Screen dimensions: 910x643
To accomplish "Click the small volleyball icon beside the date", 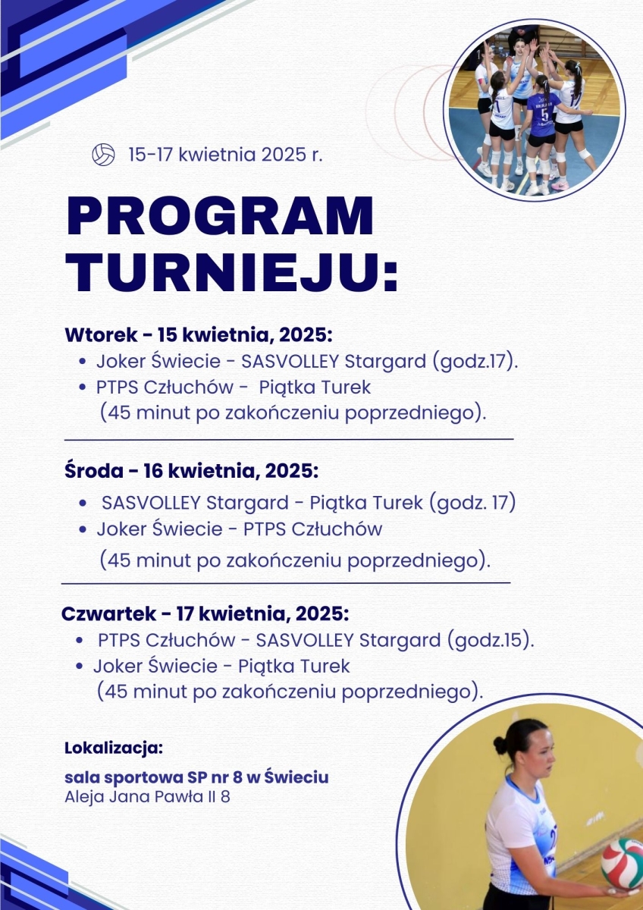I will coord(103,155).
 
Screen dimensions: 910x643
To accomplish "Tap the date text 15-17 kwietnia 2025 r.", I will coord(226,155).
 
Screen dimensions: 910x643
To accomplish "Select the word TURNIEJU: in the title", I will coord(232,271).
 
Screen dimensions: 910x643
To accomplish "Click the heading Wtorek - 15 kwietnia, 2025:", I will coord(199,334).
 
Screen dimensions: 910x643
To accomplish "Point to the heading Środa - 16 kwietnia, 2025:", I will coord(191,471).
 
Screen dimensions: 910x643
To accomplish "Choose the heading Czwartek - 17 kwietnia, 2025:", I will coord(205,613).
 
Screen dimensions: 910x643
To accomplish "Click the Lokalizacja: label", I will coord(114,748).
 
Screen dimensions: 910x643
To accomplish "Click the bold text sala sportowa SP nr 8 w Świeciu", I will coord(197,778).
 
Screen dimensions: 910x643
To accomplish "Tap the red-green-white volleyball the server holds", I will coord(623,863).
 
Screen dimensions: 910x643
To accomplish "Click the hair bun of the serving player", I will coord(500,745).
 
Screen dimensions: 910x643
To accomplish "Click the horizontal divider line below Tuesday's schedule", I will coord(289,439).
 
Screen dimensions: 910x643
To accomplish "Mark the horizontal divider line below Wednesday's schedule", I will coord(286,583).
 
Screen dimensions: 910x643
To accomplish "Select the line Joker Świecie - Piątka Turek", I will coord(221,667).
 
